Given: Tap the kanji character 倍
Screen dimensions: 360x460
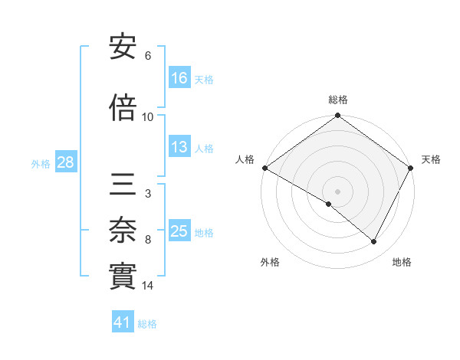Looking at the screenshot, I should click(123, 109).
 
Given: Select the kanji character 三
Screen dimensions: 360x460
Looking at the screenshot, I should click(123, 184).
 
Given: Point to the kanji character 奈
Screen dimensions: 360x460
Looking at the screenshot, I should click(123, 227).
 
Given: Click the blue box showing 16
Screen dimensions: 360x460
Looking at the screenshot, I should click(179, 77).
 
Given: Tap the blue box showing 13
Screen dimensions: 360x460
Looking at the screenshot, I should click(179, 147).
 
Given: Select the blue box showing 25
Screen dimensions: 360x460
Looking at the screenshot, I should click(179, 231).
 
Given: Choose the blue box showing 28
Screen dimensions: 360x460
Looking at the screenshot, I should click(65, 162).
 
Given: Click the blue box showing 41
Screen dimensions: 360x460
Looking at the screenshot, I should click(123, 322).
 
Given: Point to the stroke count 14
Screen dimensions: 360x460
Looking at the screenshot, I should click(148, 286).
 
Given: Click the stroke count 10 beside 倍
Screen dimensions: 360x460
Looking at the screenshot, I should click(148, 117).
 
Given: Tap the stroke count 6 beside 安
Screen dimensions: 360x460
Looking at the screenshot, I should click(148, 56).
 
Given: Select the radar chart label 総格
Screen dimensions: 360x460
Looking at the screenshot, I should click(338, 100).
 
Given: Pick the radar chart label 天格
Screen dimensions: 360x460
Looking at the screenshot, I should click(431, 159).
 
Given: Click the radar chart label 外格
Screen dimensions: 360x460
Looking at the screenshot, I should click(270, 262).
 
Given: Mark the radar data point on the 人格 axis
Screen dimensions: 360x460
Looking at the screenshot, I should click(264, 168).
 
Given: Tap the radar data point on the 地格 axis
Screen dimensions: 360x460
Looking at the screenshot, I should click(374, 242).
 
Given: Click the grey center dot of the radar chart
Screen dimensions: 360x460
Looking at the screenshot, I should click(337, 191).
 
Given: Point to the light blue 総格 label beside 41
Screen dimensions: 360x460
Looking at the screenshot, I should click(147, 324).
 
